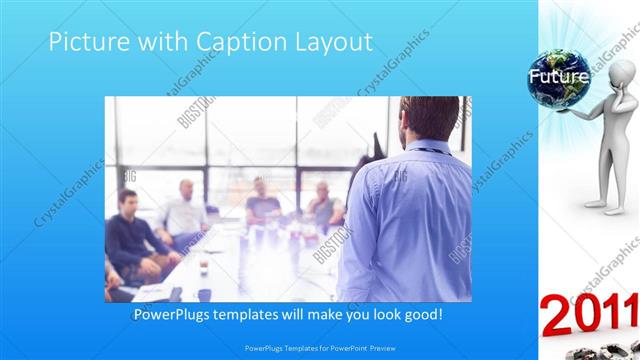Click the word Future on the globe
558,76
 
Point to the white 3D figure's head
623,73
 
